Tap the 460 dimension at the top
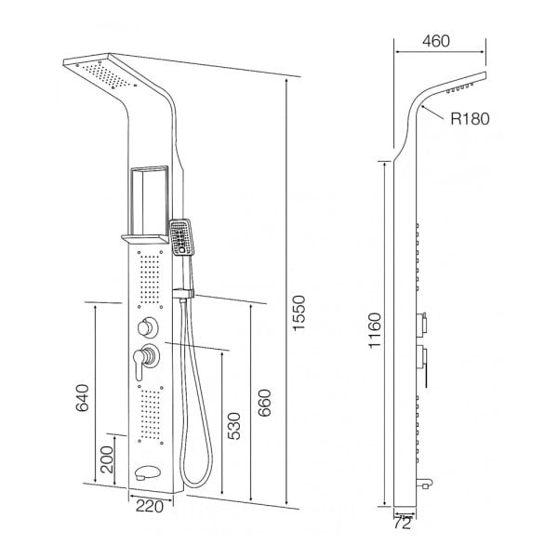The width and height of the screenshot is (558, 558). pyautogui.click(x=439, y=41)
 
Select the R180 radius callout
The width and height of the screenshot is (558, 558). pyautogui.click(x=468, y=118)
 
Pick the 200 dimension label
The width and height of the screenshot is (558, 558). pyautogui.click(x=106, y=459)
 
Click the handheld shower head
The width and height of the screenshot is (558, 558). pyautogui.click(x=181, y=238)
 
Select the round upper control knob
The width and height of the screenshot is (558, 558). pyautogui.click(x=146, y=326)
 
